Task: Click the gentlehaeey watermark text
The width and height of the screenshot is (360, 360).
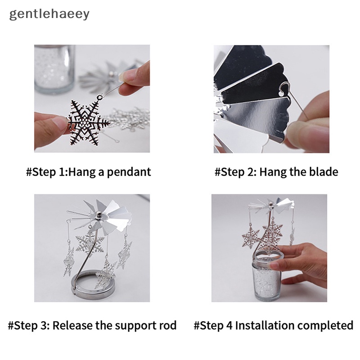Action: pyautogui.click(x=49, y=14)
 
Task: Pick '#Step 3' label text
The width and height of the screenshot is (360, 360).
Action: pyautogui.click(x=28, y=325)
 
